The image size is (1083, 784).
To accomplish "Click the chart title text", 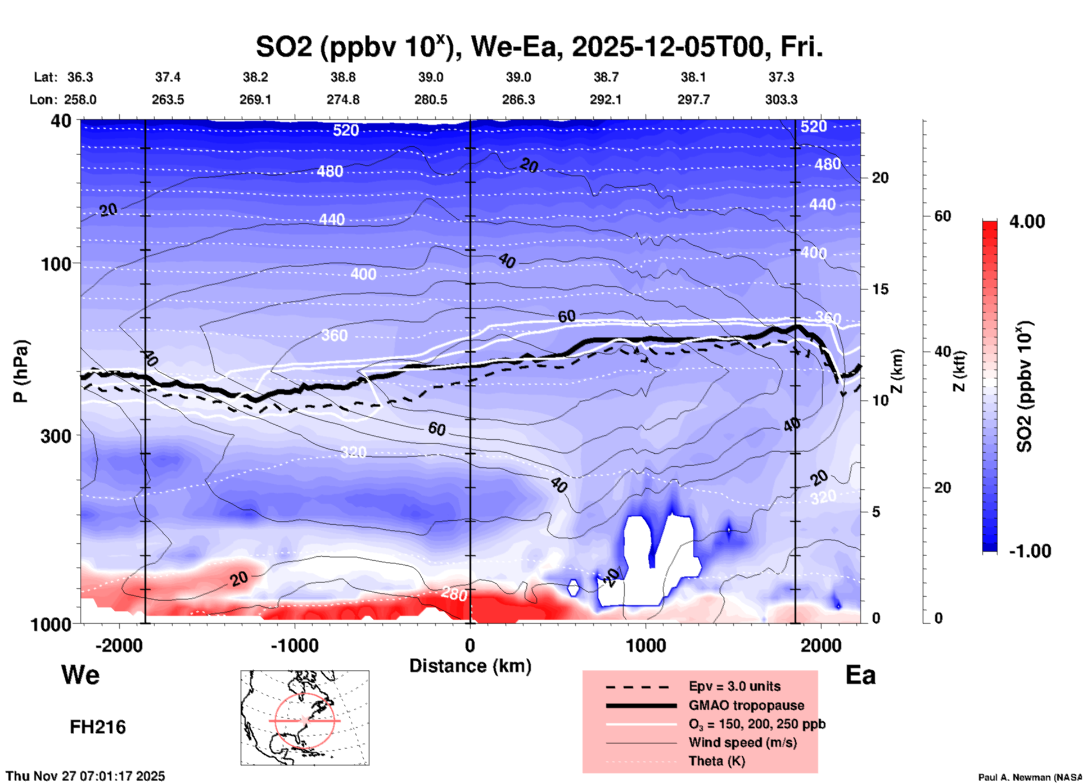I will tap(539, 47).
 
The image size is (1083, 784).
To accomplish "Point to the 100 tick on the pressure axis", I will tap(59, 264).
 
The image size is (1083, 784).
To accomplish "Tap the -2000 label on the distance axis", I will tap(119, 645).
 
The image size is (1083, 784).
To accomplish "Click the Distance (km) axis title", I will tap(470, 666).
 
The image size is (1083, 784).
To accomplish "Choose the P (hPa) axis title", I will tap(21, 371).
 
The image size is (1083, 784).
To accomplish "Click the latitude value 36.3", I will tap(80, 77).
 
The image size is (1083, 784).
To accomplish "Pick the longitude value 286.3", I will tap(518, 100).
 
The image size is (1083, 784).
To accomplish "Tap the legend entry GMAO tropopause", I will tap(746, 705).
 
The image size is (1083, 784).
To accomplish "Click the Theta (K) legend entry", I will tap(716, 761).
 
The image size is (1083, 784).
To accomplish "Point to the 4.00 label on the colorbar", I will tap(1027, 222).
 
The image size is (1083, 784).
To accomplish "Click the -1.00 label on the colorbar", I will tap(1030, 551).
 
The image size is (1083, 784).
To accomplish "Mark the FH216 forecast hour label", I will tap(98, 727).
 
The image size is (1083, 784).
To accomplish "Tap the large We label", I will tap(80, 674).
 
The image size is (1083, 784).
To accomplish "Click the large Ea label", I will tap(860, 675).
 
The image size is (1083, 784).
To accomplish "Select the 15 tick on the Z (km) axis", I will tap(880, 289).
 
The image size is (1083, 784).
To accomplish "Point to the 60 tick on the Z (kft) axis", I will tap(942, 216).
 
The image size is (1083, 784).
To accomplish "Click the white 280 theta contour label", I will tap(454, 594).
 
